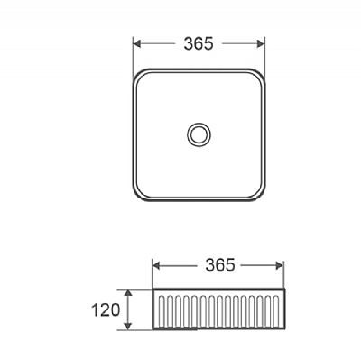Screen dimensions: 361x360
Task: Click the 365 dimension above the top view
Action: click(199, 44)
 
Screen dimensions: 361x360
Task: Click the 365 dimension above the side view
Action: click(220, 265)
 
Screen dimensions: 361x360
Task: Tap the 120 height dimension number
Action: click(106, 309)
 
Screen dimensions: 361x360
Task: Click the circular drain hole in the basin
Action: click(199, 134)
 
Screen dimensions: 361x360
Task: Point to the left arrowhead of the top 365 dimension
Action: click(137, 44)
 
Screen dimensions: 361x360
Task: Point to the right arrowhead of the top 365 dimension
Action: click(261, 44)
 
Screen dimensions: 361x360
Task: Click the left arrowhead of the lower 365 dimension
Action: click(156, 265)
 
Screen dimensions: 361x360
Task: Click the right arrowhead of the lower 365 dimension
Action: click(280, 265)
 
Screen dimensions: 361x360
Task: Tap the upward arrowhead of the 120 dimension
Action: click(128, 293)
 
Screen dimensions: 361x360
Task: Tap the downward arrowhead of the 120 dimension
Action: click(128, 326)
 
